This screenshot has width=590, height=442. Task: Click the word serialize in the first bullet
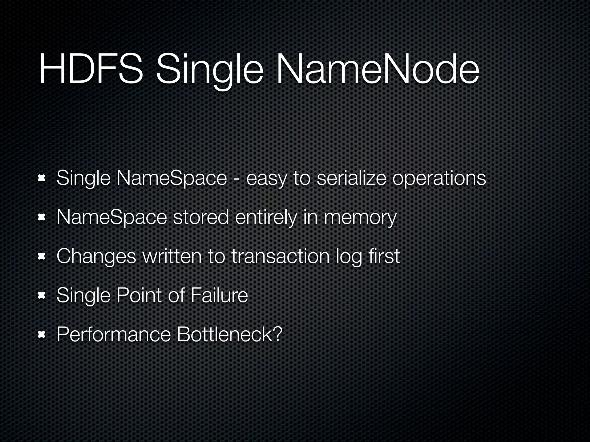pyautogui.click(x=351, y=178)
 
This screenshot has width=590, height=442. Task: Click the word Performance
pyautogui.click(x=114, y=335)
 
